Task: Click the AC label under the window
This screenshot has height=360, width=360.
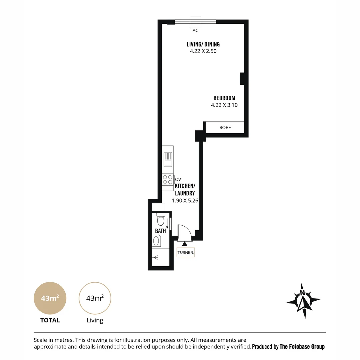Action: pyautogui.click(x=195, y=31)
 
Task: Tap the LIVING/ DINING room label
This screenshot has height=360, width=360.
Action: pyautogui.click(x=203, y=44)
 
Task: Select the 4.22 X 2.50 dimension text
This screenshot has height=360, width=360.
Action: pyautogui.click(x=203, y=51)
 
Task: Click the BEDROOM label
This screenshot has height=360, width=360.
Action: pyautogui.click(x=224, y=98)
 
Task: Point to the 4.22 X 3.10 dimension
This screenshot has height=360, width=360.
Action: pyautogui.click(x=224, y=105)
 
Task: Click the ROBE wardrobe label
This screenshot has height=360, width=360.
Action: pyautogui.click(x=225, y=128)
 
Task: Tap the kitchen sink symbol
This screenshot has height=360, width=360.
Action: pyautogui.click(x=168, y=159)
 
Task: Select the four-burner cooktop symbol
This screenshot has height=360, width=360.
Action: pyautogui.click(x=168, y=180)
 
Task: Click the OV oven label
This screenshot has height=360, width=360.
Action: pyautogui.click(x=178, y=180)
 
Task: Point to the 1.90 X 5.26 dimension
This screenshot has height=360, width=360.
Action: pyautogui.click(x=185, y=201)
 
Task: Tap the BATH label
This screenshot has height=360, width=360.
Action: pyautogui.click(x=160, y=231)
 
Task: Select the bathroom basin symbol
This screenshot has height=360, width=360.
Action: pyautogui.click(x=156, y=241)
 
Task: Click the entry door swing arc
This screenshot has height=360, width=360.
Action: pyautogui.click(x=188, y=228)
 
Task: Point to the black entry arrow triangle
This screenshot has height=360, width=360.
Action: pyautogui.click(x=184, y=244)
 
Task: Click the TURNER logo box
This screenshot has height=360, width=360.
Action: pyautogui.click(x=186, y=252)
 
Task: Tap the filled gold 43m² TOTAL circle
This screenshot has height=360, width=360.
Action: pyautogui.click(x=50, y=298)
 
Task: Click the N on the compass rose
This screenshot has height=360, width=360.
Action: pyautogui.click(x=302, y=293)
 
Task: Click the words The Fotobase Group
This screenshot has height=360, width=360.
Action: pyautogui.click(x=302, y=347)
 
